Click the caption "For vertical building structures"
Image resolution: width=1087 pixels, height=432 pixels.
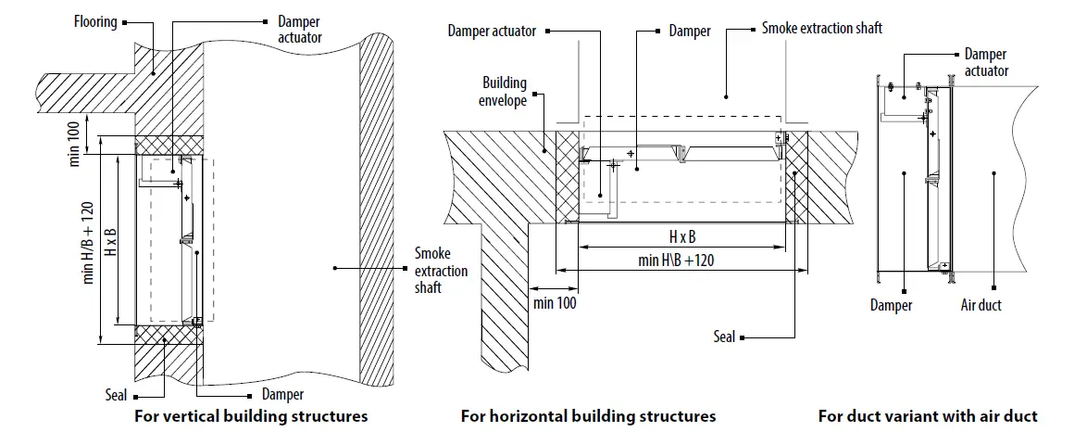tap(251, 416)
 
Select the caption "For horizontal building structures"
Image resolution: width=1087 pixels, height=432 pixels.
tap(588, 416)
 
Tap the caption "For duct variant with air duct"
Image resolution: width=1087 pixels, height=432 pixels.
tap(928, 416)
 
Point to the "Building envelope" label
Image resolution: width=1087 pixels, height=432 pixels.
tap(504, 91)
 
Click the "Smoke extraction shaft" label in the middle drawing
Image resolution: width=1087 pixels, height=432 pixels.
tap(822, 28)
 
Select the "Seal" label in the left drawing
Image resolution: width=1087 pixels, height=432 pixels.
tap(117, 396)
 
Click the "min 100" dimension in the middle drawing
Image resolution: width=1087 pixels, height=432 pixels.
tap(555, 303)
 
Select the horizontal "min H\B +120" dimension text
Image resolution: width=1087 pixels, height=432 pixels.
tap(676, 260)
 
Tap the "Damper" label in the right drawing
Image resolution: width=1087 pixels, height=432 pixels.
tap(892, 305)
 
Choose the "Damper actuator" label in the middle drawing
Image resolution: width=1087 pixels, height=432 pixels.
tap(492, 31)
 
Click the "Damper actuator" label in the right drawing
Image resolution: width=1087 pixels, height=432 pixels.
tap(986, 62)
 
